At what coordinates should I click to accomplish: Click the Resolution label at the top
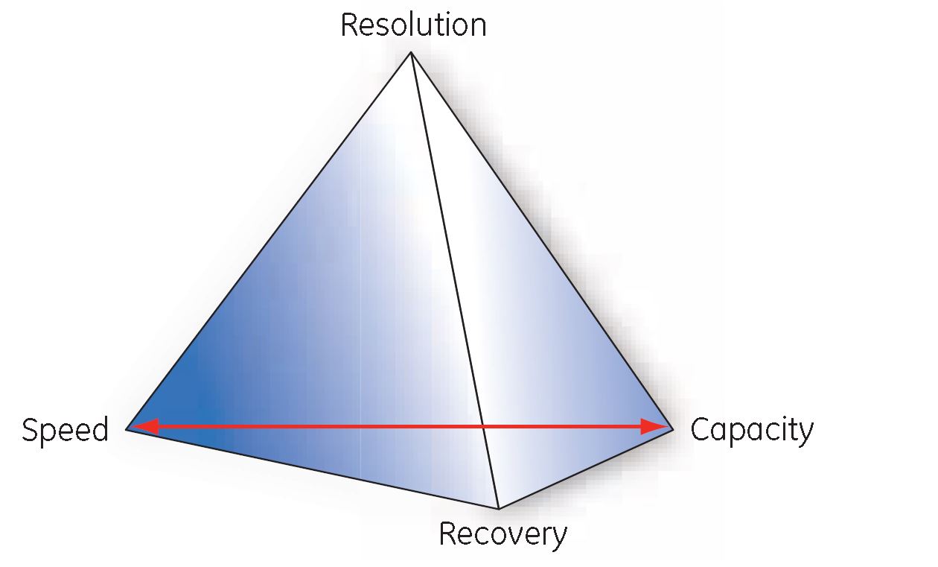click(x=413, y=25)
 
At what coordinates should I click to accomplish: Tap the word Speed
click(x=65, y=431)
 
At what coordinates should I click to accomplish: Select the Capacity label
click(x=752, y=431)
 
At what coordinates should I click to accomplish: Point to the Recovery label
click(x=502, y=535)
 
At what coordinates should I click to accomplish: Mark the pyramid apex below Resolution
click(x=410, y=52)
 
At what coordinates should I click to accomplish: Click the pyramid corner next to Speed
click(x=127, y=429)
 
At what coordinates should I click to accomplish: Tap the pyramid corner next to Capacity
click(x=673, y=429)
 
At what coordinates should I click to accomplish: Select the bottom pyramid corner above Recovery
click(x=498, y=508)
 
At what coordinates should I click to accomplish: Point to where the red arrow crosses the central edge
click(x=484, y=427)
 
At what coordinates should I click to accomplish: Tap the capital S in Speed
click(x=30, y=431)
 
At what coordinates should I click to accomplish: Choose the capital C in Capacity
click(x=700, y=430)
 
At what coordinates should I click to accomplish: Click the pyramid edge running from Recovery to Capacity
click(x=586, y=469)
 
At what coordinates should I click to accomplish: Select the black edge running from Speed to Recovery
click(x=313, y=469)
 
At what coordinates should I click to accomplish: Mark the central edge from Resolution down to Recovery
click(x=454, y=280)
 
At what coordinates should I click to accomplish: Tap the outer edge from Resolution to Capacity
click(x=542, y=241)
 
